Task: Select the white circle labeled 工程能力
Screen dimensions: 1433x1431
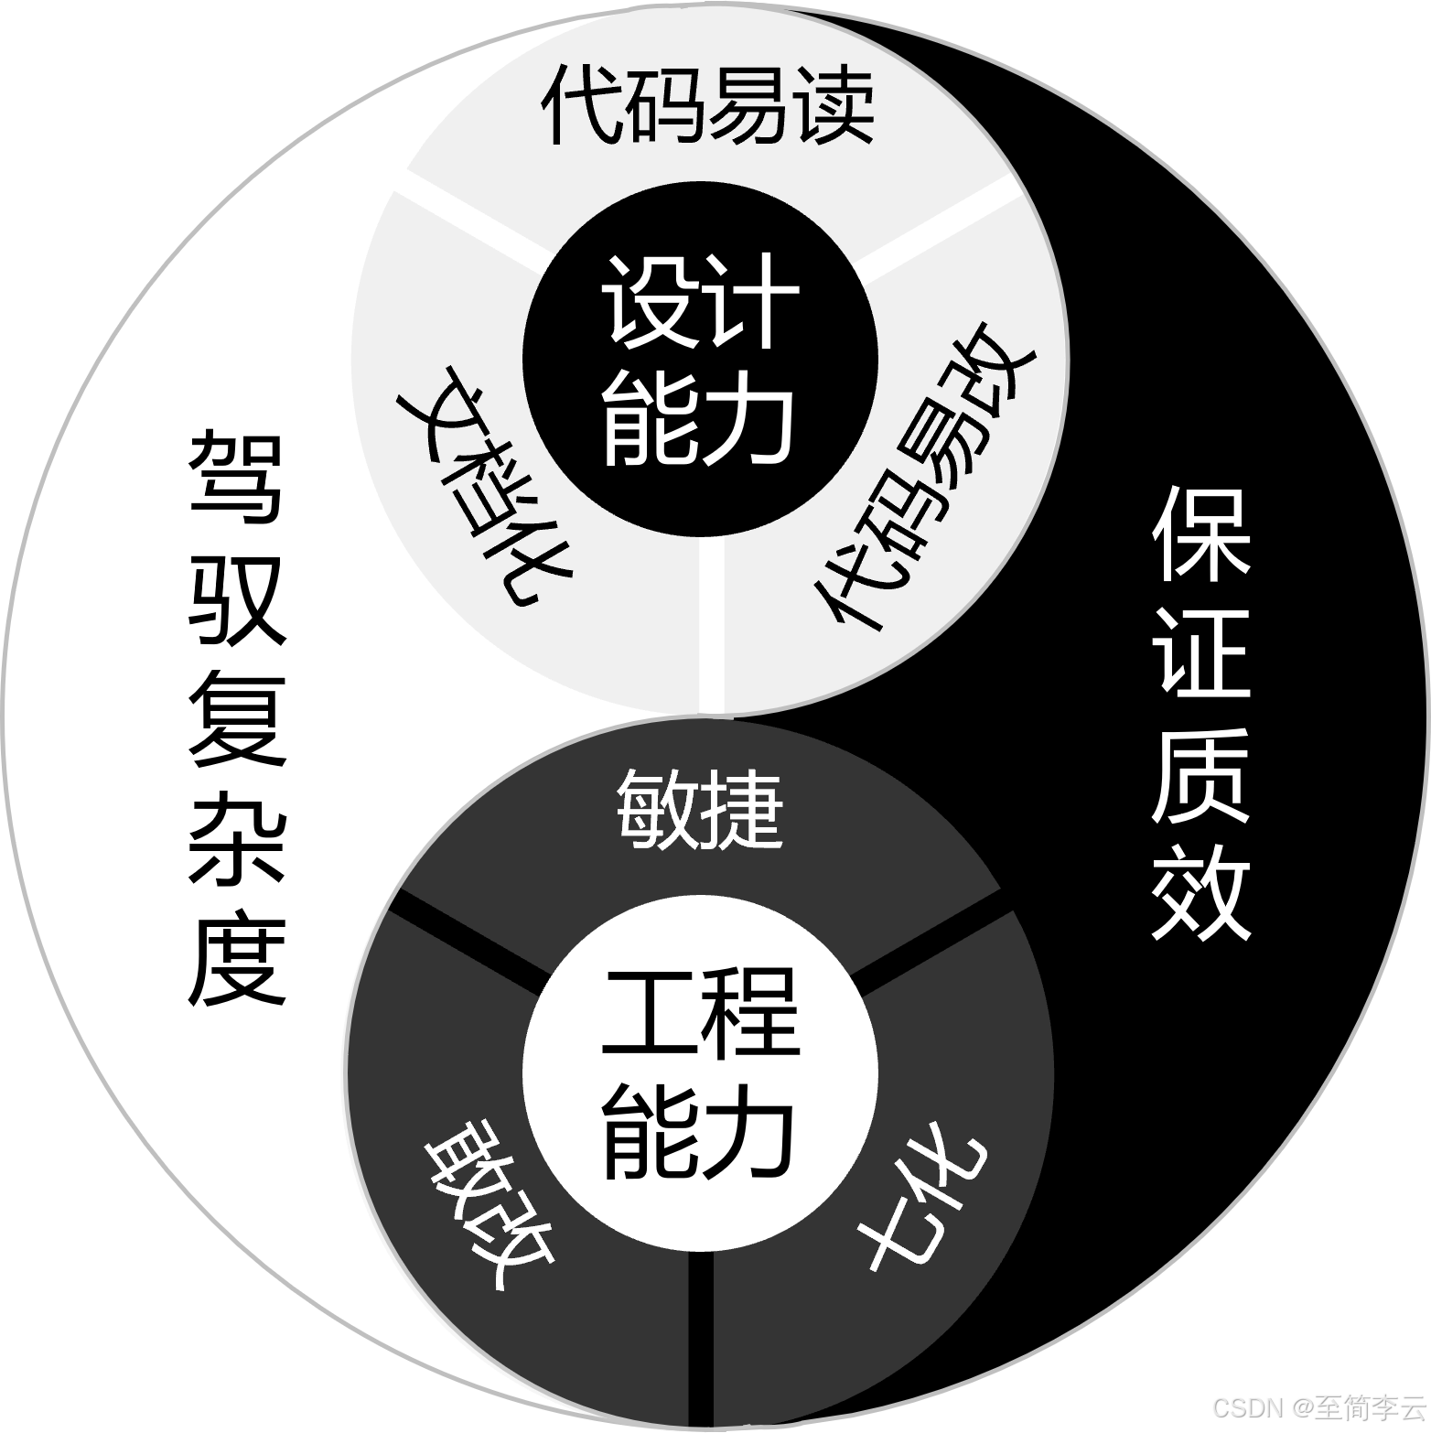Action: (x=700, y=1074)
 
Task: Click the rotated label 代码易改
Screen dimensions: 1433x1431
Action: (x=924, y=476)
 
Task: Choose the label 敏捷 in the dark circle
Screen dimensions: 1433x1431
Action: (x=700, y=811)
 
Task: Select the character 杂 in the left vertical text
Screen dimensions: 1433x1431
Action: (x=236, y=837)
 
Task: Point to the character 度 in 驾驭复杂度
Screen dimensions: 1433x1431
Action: (x=236, y=961)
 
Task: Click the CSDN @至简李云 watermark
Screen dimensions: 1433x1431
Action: (x=1318, y=1406)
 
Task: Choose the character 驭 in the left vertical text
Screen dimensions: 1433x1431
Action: (x=236, y=599)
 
